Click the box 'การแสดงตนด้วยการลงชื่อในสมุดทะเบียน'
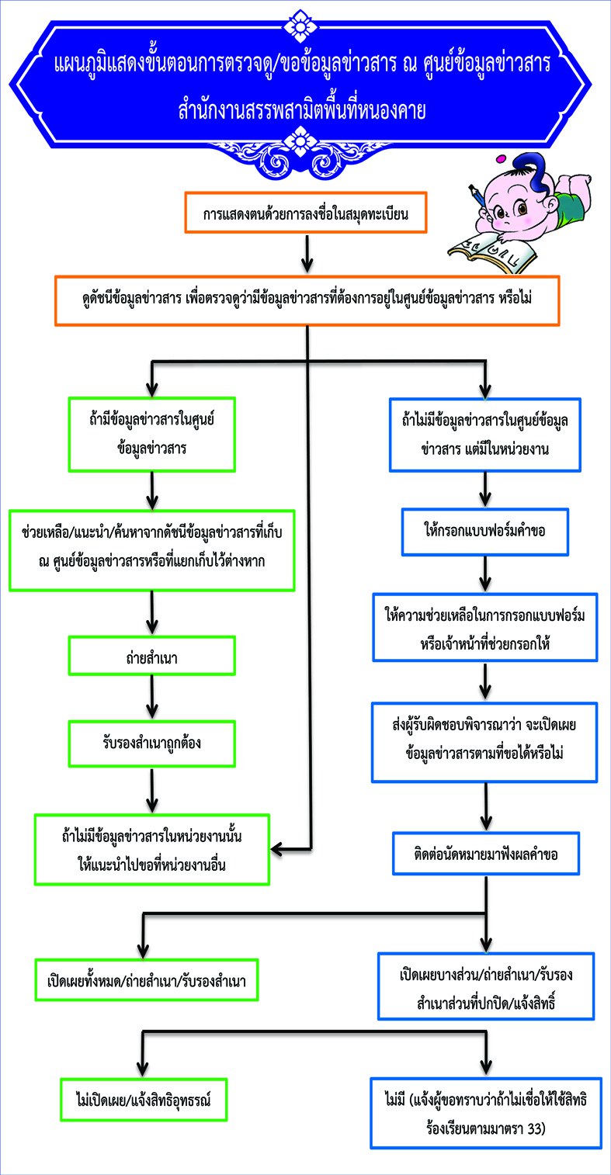tap(306, 213)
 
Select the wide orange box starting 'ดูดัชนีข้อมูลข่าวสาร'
tap(307, 300)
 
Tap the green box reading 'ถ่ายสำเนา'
tap(151, 656)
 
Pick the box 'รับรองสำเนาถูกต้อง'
tap(151, 743)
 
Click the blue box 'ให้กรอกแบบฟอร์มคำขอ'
tap(485, 532)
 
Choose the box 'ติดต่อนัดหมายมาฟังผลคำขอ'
tap(486, 854)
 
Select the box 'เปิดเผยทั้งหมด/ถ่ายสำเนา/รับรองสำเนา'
tap(147, 980)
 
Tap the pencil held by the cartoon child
tap(479, 197)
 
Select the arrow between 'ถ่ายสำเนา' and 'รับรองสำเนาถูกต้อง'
tap(152, 697)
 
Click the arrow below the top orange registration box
tap(307, 255)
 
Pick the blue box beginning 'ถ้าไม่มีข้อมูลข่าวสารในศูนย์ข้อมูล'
tap(485, 435)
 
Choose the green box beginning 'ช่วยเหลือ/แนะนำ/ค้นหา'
tap(151, 550)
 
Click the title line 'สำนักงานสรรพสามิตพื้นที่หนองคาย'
tap(302, 111)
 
